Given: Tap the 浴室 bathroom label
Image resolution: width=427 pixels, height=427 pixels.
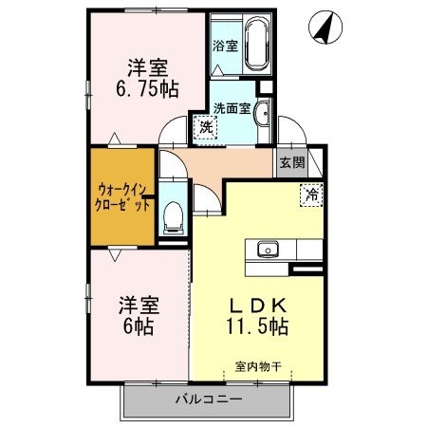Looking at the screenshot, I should click(226, 46).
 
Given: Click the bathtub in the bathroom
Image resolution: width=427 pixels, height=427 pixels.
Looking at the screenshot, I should click(255, 46).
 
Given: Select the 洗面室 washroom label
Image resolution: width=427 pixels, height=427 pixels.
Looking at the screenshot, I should click(232, 107).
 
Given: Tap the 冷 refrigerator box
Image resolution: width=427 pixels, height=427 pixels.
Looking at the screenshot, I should click(310, 195).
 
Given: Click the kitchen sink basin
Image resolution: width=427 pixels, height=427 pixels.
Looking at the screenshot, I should click(267, 250).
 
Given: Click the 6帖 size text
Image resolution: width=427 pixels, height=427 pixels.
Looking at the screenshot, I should click(139, 325).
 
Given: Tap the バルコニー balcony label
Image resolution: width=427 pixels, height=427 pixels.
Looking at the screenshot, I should click(208, 399).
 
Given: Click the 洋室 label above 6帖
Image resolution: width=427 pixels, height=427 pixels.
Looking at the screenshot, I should click(139, 306).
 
